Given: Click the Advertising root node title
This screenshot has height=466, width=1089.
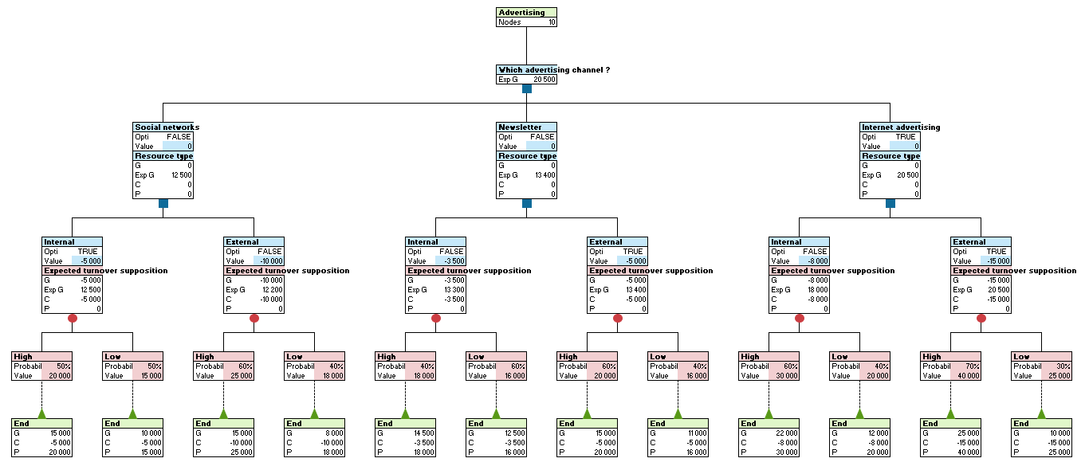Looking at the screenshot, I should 522,13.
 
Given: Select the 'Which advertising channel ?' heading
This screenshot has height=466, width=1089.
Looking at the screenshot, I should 553,70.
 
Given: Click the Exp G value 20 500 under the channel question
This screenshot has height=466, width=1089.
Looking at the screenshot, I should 544,80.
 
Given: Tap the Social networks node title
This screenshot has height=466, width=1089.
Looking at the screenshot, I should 166,127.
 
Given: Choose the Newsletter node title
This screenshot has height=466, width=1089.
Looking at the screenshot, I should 520,127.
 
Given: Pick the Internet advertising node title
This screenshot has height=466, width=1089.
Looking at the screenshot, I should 900,127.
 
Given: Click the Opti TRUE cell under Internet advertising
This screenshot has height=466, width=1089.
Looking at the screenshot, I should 906,137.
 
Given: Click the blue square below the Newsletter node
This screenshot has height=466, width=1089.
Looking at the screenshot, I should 527,203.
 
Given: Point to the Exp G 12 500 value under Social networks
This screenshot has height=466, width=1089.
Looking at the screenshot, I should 180,175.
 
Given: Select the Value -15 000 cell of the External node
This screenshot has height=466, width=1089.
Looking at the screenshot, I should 996,261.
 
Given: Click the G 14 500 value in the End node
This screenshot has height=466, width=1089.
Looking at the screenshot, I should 423,433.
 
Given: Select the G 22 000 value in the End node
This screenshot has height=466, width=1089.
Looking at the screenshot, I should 787,433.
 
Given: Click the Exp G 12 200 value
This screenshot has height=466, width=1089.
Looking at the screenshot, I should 271,290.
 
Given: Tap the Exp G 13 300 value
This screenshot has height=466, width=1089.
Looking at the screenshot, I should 453,290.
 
